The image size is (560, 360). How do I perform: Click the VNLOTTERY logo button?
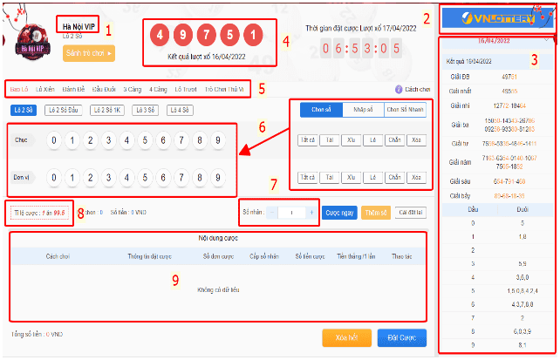pyautogui.click(x=493, y=18)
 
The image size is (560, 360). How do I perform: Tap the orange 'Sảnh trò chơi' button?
pyautogui.click(x=88, y=53)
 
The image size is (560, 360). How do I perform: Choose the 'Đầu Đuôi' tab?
pyautogui.click(x=104, y=89)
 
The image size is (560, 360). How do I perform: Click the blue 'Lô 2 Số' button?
pyautogui.click(x=23, y=111)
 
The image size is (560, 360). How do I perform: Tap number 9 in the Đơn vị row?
pyautogui.click(x=221, y=177)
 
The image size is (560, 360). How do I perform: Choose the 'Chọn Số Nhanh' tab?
pyautogui.click(x=405, y=110)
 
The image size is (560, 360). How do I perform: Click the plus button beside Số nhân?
pyautogui.click(x=311, y=213)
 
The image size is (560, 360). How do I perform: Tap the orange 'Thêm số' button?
pyautogui.click(x=375, y=213)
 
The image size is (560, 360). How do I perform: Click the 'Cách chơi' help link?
pyautogui.click(x=413, y=89)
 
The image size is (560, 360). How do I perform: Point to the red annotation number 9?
pyautogui.click(x=174, y=280)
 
